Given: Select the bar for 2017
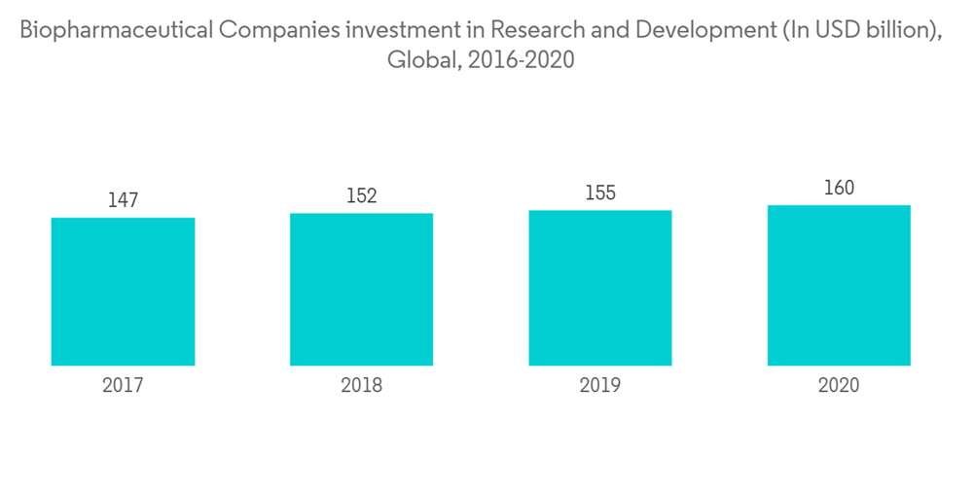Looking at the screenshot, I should pos(123,292).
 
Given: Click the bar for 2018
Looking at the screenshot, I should pos(361,289).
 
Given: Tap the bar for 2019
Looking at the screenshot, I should pos(600,288).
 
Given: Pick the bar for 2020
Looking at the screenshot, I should pos(839,285).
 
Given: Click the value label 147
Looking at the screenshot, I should pos(123,200).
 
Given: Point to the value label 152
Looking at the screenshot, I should pos(361,196).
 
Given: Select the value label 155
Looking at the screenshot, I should pos(600,192).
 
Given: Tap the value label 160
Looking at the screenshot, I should pos(839,188).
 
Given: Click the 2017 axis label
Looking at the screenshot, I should pos(123,386).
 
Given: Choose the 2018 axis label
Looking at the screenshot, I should pos(361,386).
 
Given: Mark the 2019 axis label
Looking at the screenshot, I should pos(600,386).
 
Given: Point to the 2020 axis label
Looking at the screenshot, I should pos(839,386).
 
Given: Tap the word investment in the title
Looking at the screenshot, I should pos(398,30).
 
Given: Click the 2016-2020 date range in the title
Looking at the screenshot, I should pos(521,60).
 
